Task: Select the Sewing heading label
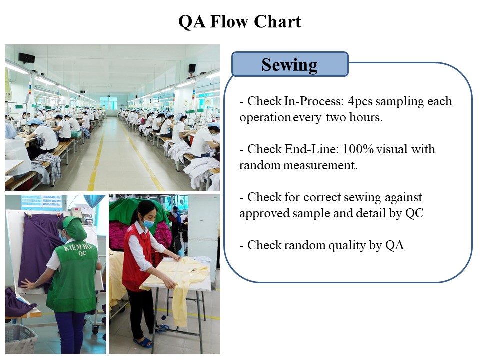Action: tap(289, 65)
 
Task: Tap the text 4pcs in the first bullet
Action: tap(360, 102)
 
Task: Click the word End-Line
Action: tap(312, 149)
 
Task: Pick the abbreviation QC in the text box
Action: tap(414, 213)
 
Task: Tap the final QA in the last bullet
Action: tap(395, 245)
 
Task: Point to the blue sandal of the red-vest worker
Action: tap(143, 342)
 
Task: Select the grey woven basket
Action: tap(21, 338)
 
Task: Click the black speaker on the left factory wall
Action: tap(26, 58)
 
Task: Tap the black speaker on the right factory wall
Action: tap(192, 68)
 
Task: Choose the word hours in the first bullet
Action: tap(366, 117)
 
